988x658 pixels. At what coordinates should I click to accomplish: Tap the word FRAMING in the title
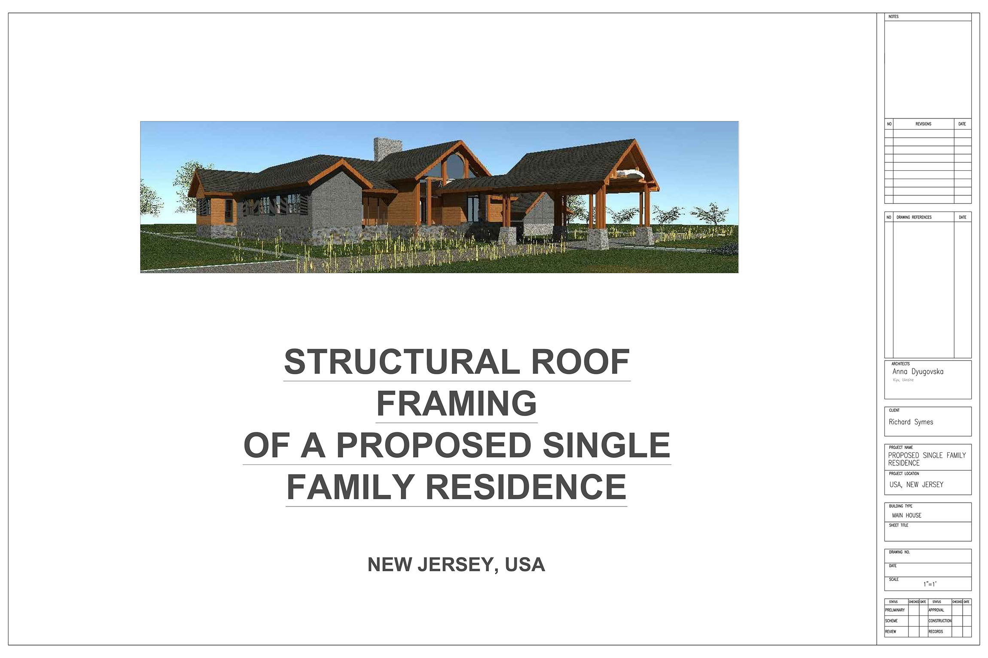pyautogui.click(x=457, y=403)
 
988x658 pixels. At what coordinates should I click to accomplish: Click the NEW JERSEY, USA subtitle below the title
pyautogui.click(x=456, y=564)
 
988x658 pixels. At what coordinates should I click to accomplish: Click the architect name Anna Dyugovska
pyautogui.click(x=918, y=372)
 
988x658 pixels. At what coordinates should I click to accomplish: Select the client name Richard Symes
pyautogui.click(x=911, y=422)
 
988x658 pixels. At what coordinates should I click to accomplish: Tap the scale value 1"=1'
pyautogui.click(x=930, y=584)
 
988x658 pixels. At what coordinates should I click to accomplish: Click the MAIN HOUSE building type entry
pyautogui.click(x=907, y=515)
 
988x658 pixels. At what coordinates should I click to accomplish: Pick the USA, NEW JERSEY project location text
pyautogui.click(x=916, y=485)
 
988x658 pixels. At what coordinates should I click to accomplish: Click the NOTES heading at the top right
pyautogui.click(x=893, y=17)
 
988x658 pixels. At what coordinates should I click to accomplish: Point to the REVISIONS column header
pyautogui.click(x=923, y=124)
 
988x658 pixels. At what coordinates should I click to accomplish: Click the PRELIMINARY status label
pyautogui.click(x=895, y=610)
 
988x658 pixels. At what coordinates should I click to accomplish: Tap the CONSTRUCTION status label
pyautogui.click(x=940, y=621)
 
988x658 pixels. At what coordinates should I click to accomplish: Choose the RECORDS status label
pyautogui.click(x=936, y=631)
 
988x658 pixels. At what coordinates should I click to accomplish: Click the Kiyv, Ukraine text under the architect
pyautogui.click(x=903, y=380)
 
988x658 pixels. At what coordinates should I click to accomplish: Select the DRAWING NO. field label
pyautogui.click(x=899, y=552)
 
